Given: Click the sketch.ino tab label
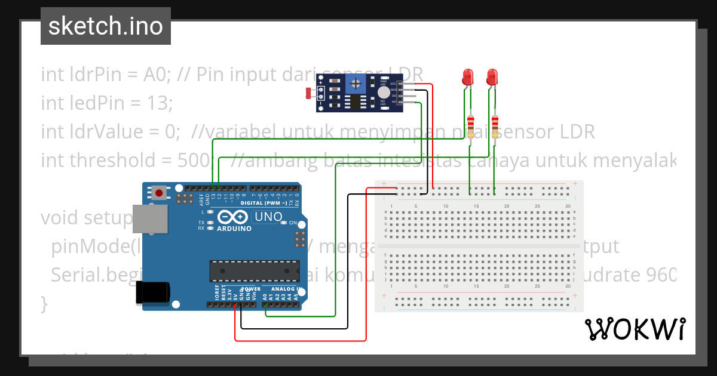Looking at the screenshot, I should coord(106,26).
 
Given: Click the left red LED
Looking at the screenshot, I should coord(468,77).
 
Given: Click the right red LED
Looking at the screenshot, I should coord(492,77).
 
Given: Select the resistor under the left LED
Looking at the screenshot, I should coord(471,126).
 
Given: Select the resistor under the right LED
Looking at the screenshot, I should coord(495,126).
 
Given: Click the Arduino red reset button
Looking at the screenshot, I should coord(159,192).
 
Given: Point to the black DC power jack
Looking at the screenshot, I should coord(152,292).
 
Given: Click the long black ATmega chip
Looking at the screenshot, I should coord(254,270).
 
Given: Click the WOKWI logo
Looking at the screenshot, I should coord(635,329).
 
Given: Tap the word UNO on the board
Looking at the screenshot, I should coord(268,217).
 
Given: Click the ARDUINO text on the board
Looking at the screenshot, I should coord(234,229).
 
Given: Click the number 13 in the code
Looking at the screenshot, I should coord(158,103).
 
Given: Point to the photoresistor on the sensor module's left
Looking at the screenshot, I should coord(309,93).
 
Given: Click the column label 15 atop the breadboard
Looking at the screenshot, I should coord(476,207).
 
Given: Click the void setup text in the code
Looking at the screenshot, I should coord(84,218).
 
